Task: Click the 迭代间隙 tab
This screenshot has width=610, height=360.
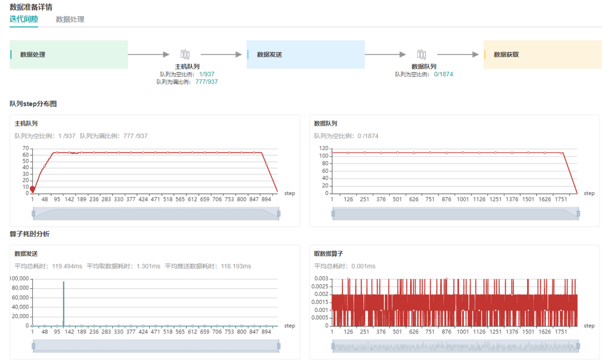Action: [x=24, y=19]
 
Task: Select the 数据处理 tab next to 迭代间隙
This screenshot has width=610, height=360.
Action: [x=70, y=19]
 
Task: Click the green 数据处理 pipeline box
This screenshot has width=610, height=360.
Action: [x=69, y=54]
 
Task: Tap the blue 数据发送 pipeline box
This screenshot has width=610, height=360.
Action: [x=305, y=54]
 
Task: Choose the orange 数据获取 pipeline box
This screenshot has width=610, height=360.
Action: [x=542, y=54]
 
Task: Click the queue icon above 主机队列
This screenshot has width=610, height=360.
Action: [x=185, y=54]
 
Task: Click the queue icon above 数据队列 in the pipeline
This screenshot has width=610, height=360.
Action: [x=422, y=54]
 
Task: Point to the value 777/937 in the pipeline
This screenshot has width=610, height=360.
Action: [x=207, y=82]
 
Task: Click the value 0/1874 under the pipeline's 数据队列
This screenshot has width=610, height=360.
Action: [x=443, y=74]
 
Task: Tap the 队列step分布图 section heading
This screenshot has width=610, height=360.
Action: [x=33, y=104]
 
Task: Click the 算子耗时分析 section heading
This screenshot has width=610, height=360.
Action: [x=30, y=234]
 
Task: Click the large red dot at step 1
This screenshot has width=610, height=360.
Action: [x=33, y=189]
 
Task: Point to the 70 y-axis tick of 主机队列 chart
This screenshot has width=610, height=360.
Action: [x=26, y=148]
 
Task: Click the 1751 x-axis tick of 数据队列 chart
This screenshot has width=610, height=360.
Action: [x=561, y=199]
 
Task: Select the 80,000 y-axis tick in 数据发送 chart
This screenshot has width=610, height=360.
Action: [x=20, y=288]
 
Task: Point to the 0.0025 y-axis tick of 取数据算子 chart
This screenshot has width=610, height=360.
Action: [x=320, y=286]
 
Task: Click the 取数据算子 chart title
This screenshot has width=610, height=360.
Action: [x=328, y=254]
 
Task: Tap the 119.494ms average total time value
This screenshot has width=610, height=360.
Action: [x=67, y=266]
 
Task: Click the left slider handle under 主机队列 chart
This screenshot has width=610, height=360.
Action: [x=33, y=213]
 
